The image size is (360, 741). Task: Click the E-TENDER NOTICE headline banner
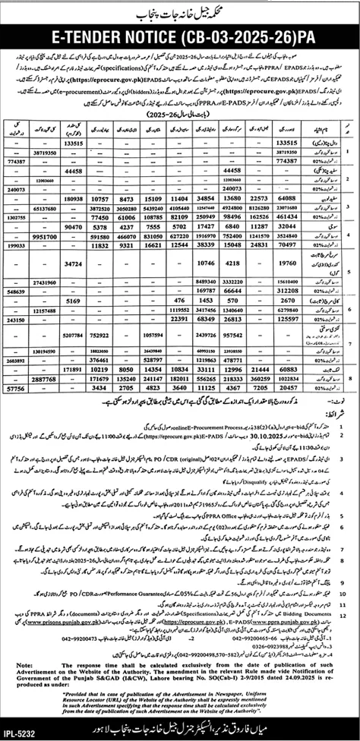coord(180,36)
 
